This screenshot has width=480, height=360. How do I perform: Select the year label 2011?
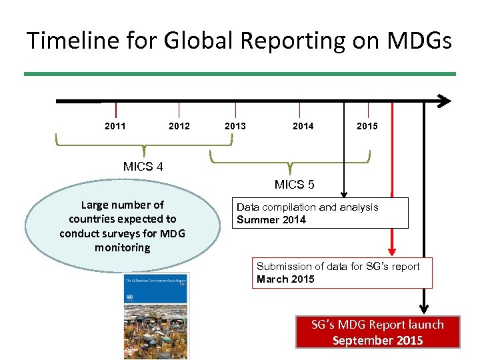click(115, 126)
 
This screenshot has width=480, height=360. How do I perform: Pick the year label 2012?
click(179, 126)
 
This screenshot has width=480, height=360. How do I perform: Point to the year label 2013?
click(235, 126)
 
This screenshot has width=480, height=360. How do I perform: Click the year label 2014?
click(303, 126)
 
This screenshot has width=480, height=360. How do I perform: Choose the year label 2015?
click(367, 126)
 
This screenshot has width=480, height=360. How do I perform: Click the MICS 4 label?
click(143, 167)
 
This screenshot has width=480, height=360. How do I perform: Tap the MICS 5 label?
click(295, 185)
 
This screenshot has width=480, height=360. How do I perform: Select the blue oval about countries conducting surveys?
click(123, 226)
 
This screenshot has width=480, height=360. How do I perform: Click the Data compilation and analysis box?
click(320, 213)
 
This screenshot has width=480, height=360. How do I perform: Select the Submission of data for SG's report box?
click(341, 273)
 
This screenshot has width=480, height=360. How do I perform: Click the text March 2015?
click(285, 279)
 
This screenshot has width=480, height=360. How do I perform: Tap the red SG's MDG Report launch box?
click(377, 332)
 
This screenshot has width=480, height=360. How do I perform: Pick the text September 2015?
click(377, 340)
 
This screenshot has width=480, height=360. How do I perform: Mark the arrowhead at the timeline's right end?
click(445, 101)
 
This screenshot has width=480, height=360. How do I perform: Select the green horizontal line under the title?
click(240, 73)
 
